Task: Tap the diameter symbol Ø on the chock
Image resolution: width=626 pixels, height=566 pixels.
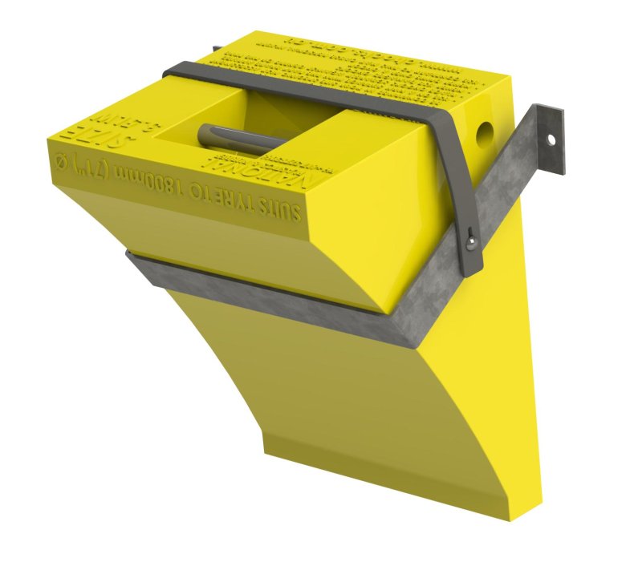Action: point(59,164)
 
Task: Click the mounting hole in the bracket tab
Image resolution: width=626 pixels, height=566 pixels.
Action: point(551,138)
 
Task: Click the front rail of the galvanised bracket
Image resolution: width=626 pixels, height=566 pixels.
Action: point(265,293)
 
